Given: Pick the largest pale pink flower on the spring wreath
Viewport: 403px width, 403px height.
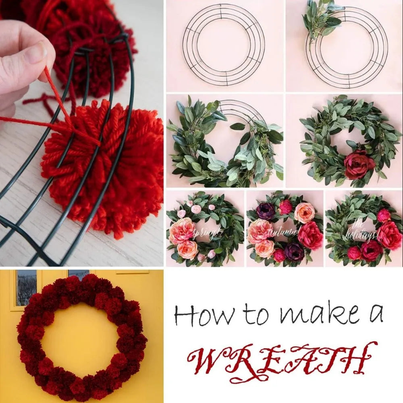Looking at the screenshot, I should coord(182,231).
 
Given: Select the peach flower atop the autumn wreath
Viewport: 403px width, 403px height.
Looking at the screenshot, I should coord(304,212).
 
